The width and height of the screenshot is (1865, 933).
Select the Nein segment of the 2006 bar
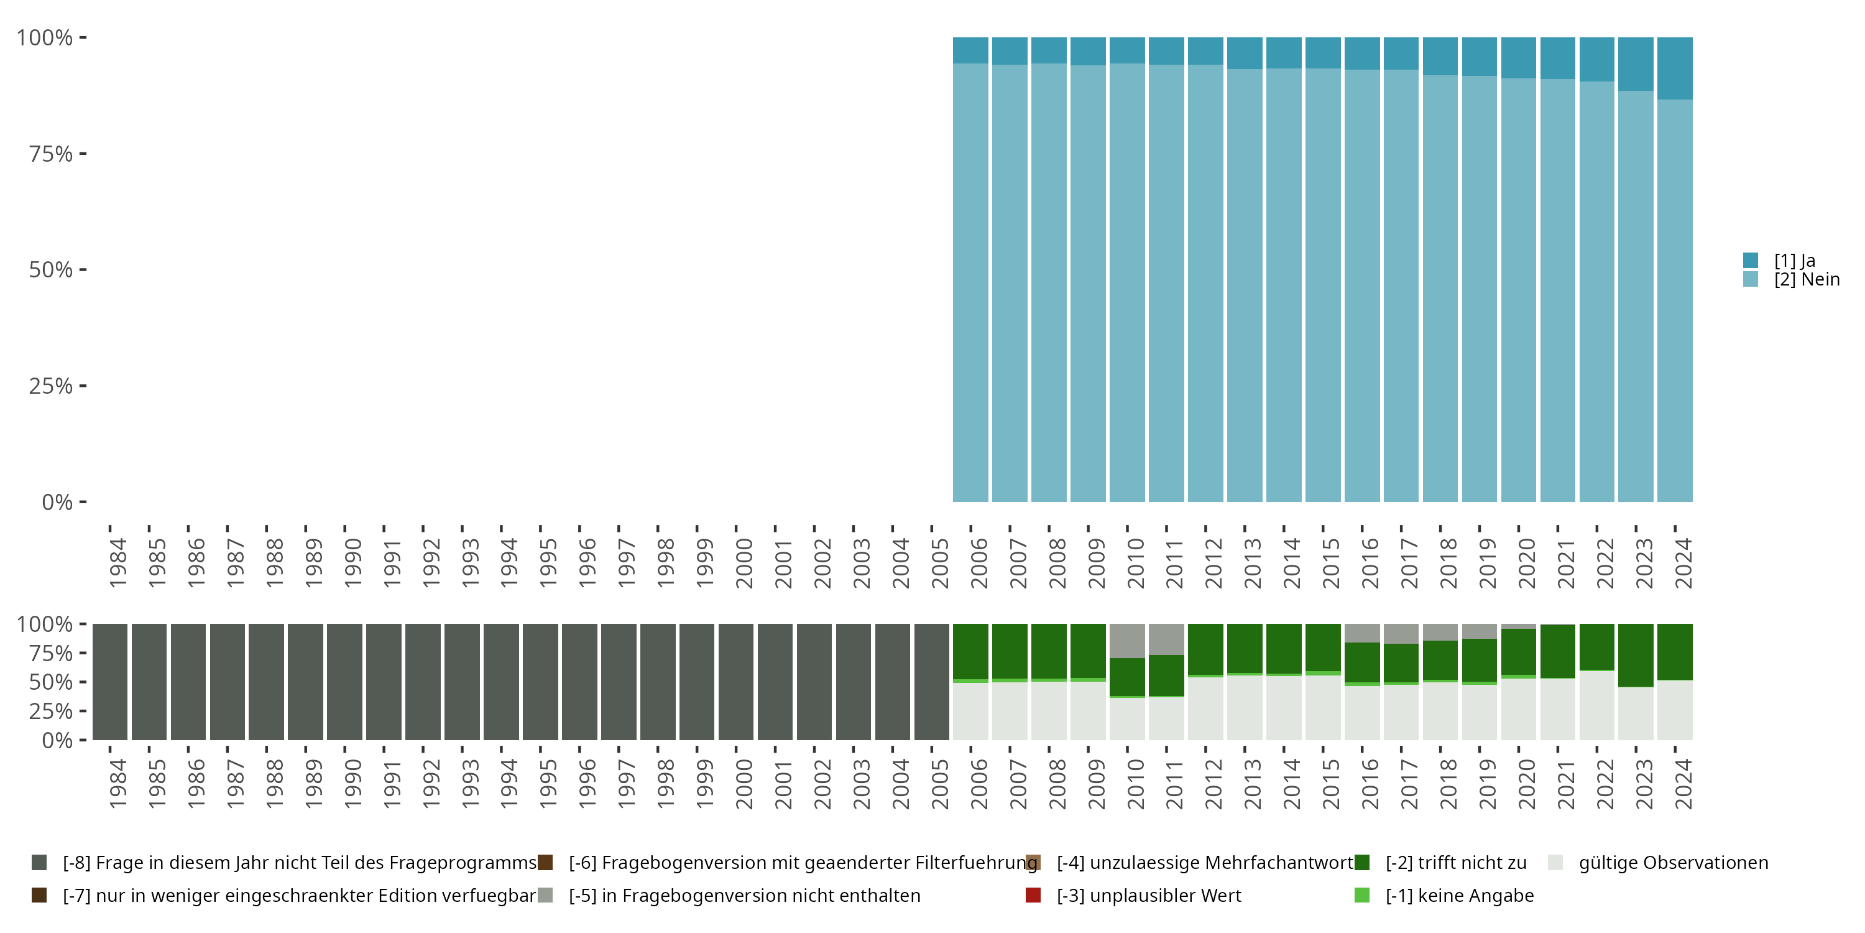(x=970, y=282)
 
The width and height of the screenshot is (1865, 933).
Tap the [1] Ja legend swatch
(x=1751, y=260)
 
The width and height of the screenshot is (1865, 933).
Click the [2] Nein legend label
(x=1807, y=280)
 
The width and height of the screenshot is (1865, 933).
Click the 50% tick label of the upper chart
(x=51, y=270)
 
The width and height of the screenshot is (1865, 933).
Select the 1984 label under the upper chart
(x=117, y=563)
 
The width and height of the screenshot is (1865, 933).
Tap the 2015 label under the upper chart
(x=1331, y=563)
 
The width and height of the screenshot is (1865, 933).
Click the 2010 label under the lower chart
(x=1135, y=784)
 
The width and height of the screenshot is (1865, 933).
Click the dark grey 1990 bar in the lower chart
(x=344, y=682)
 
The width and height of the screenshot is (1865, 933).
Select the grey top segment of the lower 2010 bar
(x=1127, y=641)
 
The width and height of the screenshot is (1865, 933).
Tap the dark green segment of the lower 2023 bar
(x=1636, y=655)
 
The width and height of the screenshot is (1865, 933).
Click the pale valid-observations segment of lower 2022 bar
(x=1596, y=705)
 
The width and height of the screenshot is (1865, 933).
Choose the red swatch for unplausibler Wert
(x=1033, y=895)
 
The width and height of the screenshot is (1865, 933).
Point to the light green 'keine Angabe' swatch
(x=1362, y=895)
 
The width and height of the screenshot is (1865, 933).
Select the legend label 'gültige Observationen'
(x=1673, y=863)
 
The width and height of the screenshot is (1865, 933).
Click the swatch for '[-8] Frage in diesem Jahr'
(x=39, y=863)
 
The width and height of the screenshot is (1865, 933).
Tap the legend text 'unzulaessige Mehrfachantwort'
(x=1205, y=863)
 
